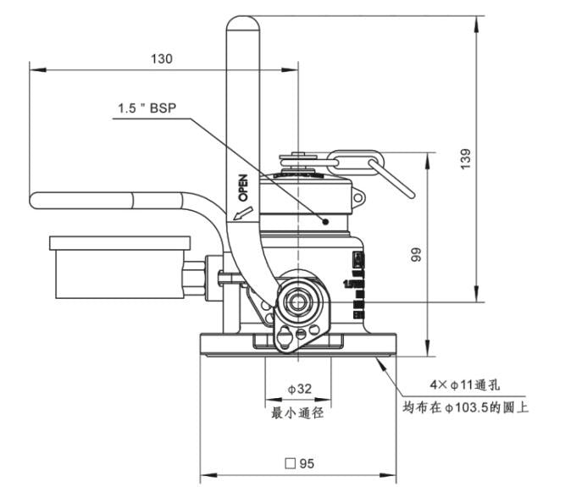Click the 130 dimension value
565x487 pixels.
pyautogui.click(x=161, y=58)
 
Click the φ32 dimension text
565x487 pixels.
pyautogui.click(x=299, y=389)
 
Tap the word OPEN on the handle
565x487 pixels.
pyautogui.click(x=241, y=186)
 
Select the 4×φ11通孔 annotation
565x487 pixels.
pyautogui.click(x=461, y=384)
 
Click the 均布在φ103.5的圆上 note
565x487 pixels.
pyautogui.click(x=465, y=407)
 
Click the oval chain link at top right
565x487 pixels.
pyautogui.click(x=356, y=161)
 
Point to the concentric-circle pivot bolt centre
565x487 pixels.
pyautogui.click(x=299, y=301)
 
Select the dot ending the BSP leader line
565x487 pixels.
pyautogui.click(x=324, y=221)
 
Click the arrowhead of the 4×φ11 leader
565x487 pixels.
pyautogui.click(x=382, y=361)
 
